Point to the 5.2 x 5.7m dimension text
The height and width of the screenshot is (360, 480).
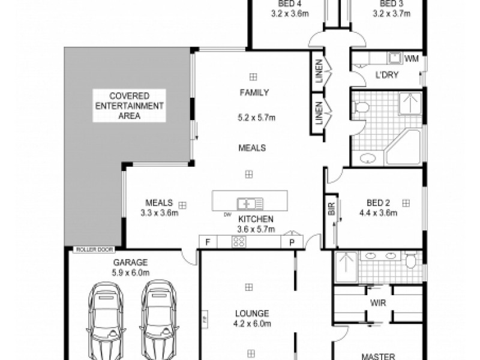(x=256, y=119)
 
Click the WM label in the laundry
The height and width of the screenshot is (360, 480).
(x=411, y=58)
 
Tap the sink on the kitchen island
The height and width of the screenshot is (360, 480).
(x=247, y=202)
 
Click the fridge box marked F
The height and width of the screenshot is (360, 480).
(x=208, y=242)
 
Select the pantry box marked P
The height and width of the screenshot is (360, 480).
(x=292, y=242)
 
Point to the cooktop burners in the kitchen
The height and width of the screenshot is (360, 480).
(x=238, y=242)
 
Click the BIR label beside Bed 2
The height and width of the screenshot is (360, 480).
(x=331, y=209)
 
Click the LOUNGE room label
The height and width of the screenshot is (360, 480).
(x=253, y=313)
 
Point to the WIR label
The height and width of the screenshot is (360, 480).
(x=378, y=302)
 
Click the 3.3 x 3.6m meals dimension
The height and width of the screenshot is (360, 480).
(x=158, y=212)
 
